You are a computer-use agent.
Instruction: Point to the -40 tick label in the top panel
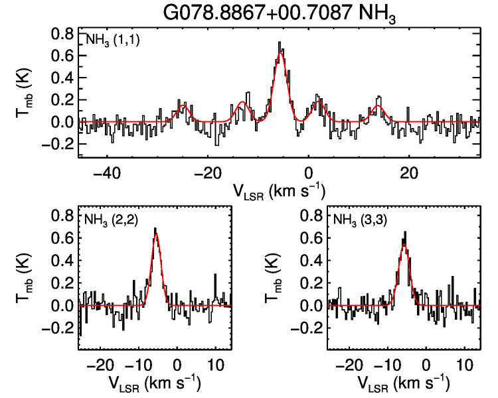tap(106, 174)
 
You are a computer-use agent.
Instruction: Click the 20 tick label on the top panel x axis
tap(410, 174)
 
